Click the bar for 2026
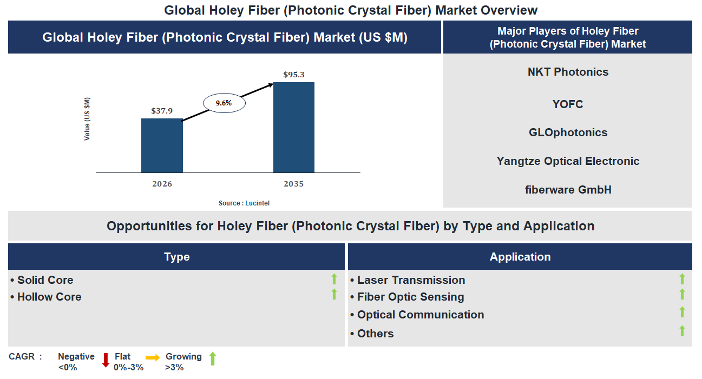[162, 145]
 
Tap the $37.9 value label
[162, 111]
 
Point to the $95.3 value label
[294, 75]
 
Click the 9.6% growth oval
[224, 103]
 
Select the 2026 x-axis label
[162, 184]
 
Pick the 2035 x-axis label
[294, 184]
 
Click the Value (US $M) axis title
[87, 119]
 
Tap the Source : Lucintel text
[244, 203]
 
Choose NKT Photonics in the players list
[568, 72]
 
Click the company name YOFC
[568, 104]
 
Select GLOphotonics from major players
[568, 132]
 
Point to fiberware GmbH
[568, 190]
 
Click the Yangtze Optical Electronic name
[568, 161]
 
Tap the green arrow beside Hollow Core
[334, 294]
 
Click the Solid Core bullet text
[45, 280]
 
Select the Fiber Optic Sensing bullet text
[410, 297]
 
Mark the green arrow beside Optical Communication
[682, 312]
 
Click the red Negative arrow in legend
[106, 360]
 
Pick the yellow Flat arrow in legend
[153, 357]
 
